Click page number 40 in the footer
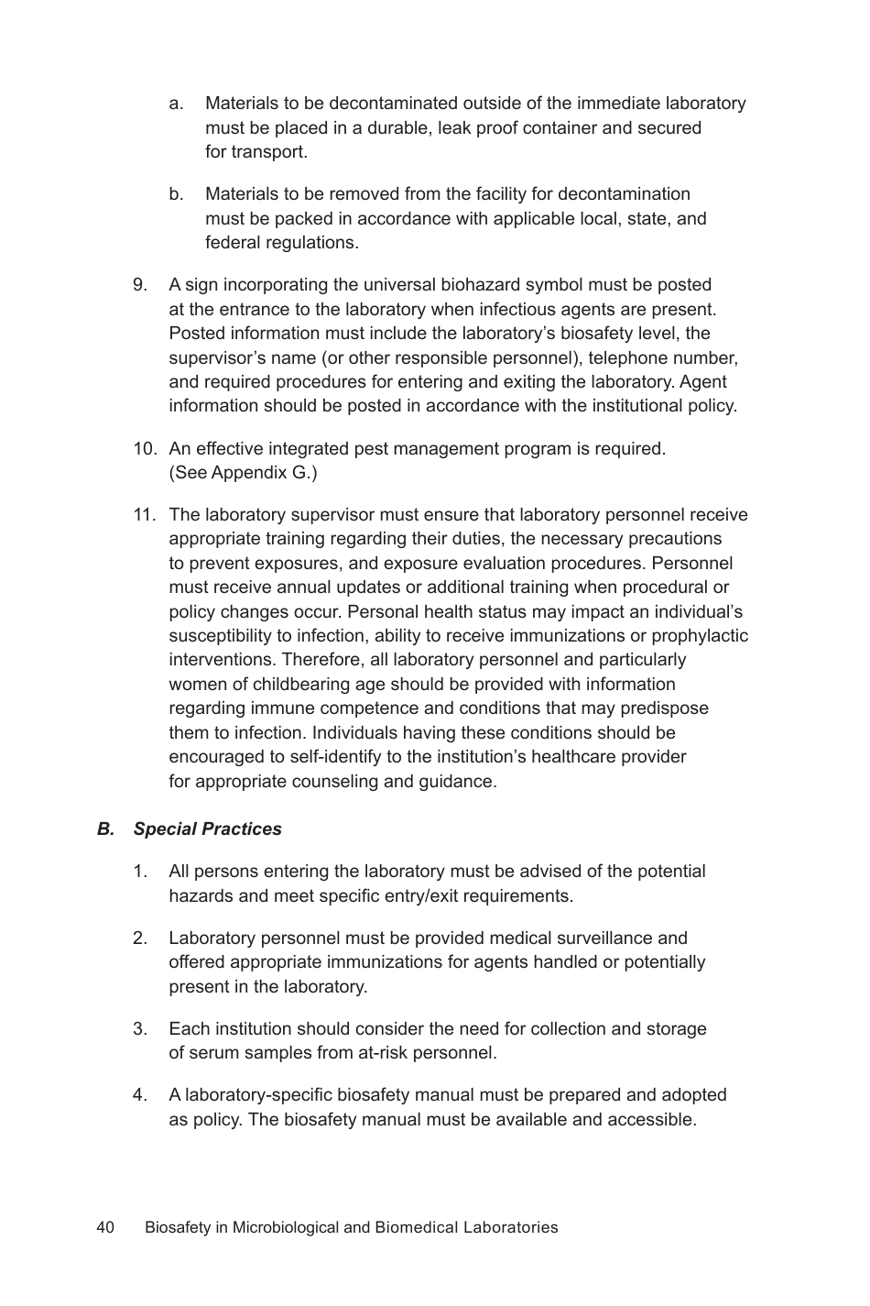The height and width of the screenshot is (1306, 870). pyautogui.click(x=105, y=1227)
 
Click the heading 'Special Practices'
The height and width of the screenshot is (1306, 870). pyautogui.click(x=207, y=829)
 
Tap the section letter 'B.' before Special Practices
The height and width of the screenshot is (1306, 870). pyautogui.click(x=106, y=829)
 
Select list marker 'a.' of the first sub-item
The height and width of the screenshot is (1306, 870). pyautogui.click(x=177, y=104)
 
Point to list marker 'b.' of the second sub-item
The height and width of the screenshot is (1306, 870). pyautogui.click(x=177, y=194)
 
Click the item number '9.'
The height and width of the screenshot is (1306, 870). pyautogui.click(x=141, y=285)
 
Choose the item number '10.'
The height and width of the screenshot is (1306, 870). pyautogui.click(x=145, y=449)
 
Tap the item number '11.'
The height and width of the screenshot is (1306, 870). pyautogui.click(x=145, y=515)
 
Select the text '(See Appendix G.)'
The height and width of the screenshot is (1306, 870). pyautogui.click(x=243, y=473)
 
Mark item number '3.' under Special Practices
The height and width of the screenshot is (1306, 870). pyautogui.click(x=140, y=1028)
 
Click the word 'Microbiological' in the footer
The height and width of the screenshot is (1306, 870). pyautogui.click(x=286, y=1227)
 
